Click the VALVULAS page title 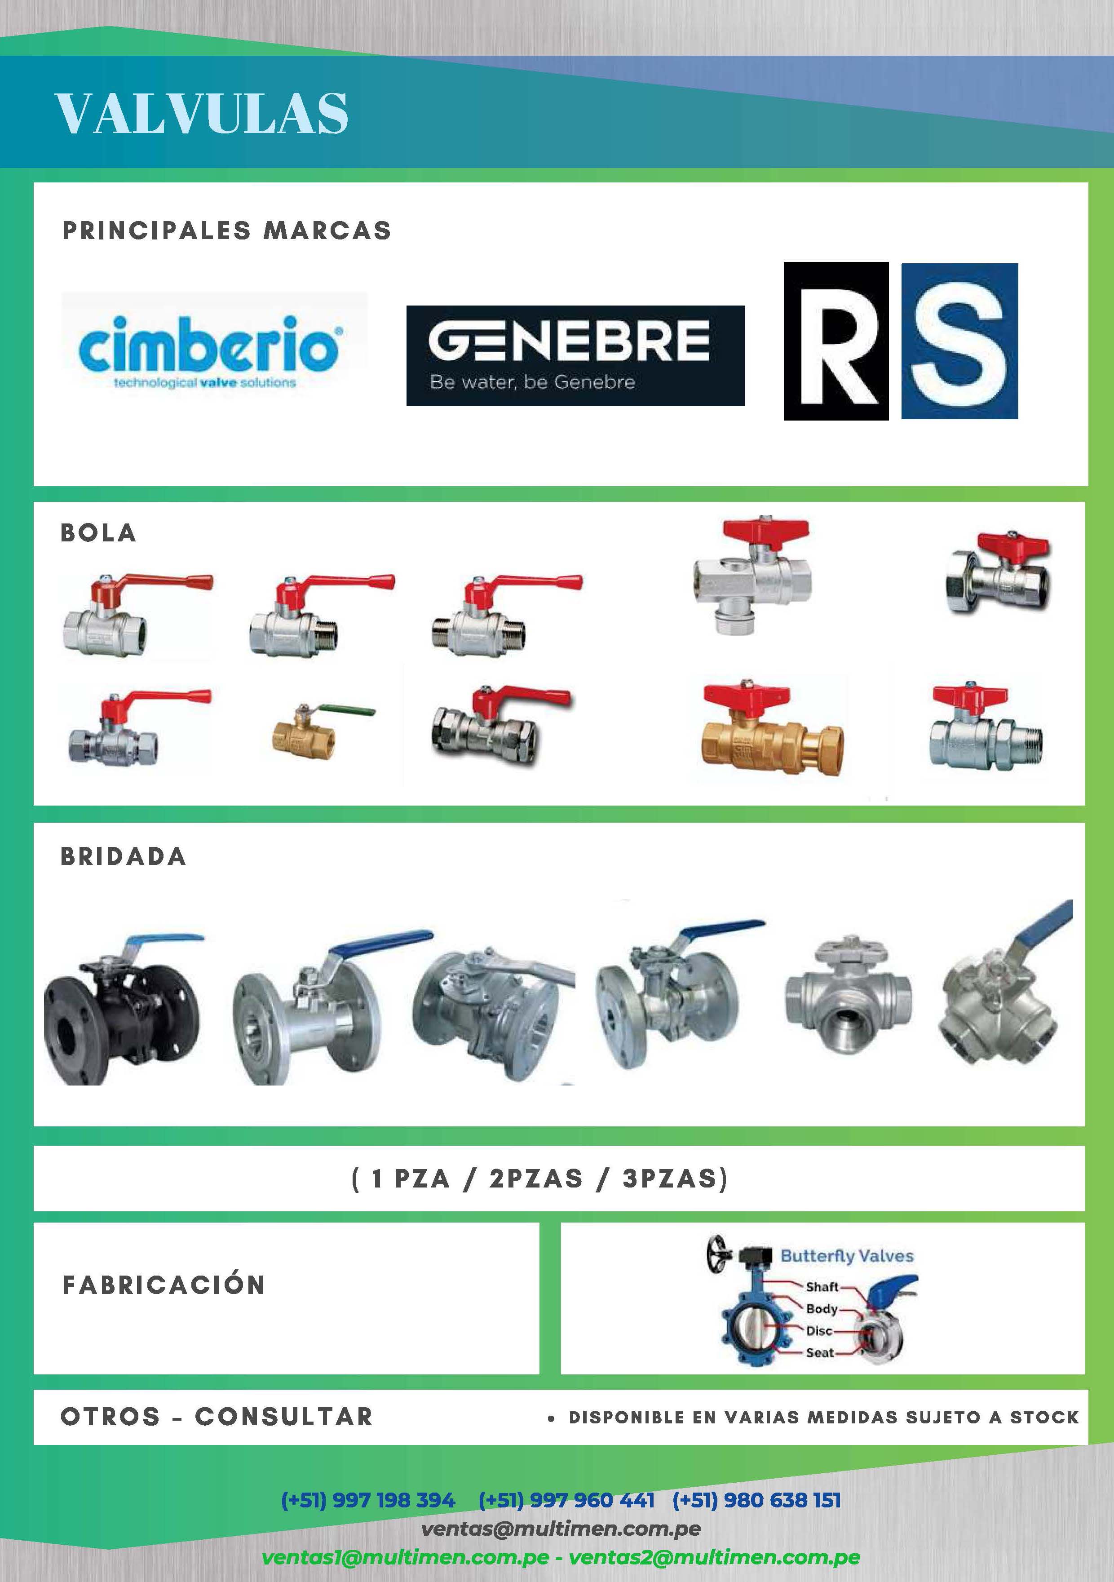tap(202, 113)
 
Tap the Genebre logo tap(575, 355)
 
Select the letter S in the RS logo tap(959, 341)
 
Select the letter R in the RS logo tap(835, 341)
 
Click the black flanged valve tap(123, 1009)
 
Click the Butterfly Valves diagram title tap(847, 1255)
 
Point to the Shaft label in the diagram tap(822, 1286)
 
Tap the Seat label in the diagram tap(820, 1352)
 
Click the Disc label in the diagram tap(819, 1330)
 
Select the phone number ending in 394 tap(368, 1500)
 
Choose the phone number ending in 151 tap(756, 1500)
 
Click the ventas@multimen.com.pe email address tap(561, 1529)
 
